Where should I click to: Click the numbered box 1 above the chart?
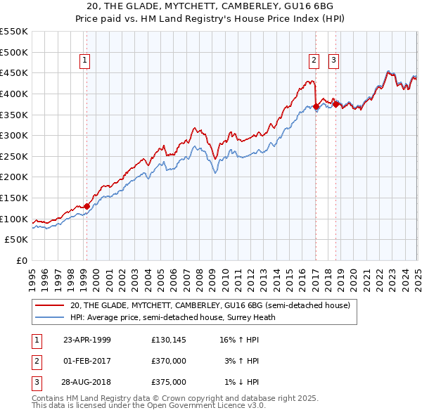(84, 60)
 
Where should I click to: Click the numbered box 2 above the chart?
(314, 60)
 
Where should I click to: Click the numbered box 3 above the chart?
(333, 60)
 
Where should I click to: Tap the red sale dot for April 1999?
(87, 206)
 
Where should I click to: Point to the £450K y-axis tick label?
(13, 73)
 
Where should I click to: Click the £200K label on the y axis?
(13, 177)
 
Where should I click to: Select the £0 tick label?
(23, 261)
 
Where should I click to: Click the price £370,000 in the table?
(169, 362)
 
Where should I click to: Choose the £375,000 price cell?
(169, 383)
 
